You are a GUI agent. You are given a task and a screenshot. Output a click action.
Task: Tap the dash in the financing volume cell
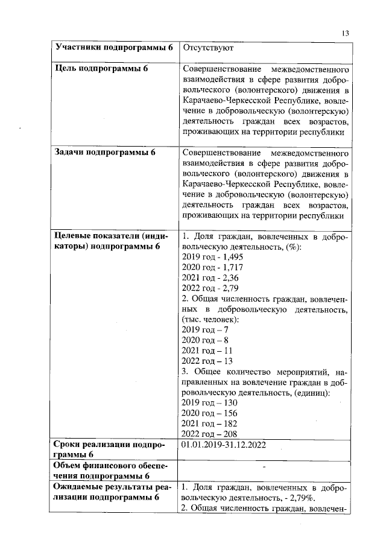[265, 466]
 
